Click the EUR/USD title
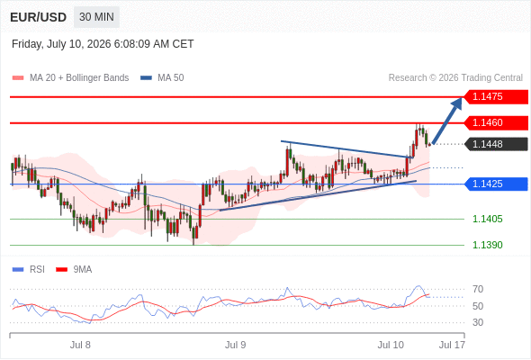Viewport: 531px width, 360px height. (x=39, y=17)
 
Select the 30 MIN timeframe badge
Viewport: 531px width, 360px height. (x=96, y=17)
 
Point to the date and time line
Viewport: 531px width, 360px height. (x=103, y=44)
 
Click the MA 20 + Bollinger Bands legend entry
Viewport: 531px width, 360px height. (x=70, y=78)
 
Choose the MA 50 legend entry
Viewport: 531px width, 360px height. (x=162, y=78)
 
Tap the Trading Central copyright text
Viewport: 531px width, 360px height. (x=455, y=78)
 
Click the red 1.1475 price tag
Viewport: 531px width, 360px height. (x=496, y=96)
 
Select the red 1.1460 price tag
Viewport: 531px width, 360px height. (x=496, y=122)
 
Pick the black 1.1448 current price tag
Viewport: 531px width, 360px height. (x=496, y=144)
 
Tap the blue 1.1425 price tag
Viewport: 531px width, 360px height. (x=496, y=184)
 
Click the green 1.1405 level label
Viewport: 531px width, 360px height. (x=487, y=219)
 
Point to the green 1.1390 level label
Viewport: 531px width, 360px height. (x=487, y=245)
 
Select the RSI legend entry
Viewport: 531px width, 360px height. (x=29, y=270)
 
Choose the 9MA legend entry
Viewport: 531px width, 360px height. (x=74, y=270)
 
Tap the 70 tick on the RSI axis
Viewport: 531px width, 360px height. (x=478, y=289)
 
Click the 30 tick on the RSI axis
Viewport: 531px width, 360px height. (x=478, y=322)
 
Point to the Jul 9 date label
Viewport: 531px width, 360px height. (x=236, y=345)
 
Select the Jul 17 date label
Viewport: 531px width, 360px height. (x=452, y=345)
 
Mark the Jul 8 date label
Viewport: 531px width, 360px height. (x=80, y=345)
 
